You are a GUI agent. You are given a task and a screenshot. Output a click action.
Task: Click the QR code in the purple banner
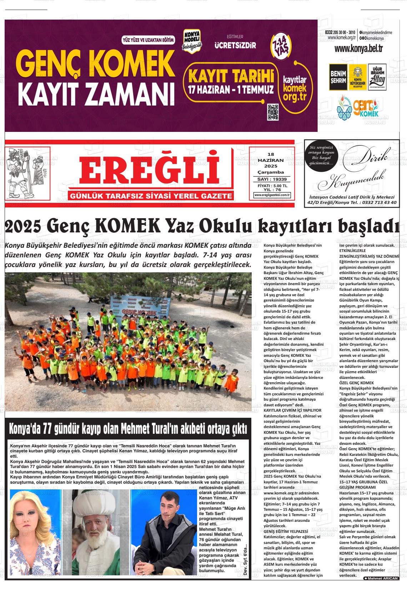[273, 113]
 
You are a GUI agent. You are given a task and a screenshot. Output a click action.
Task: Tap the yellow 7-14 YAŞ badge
[282, 45]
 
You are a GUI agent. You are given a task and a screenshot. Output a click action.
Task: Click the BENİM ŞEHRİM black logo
[338, 77]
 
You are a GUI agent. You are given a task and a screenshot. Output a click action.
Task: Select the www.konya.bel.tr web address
[358, 49]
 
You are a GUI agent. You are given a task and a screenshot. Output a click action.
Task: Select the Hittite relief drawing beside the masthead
[27, 173]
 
